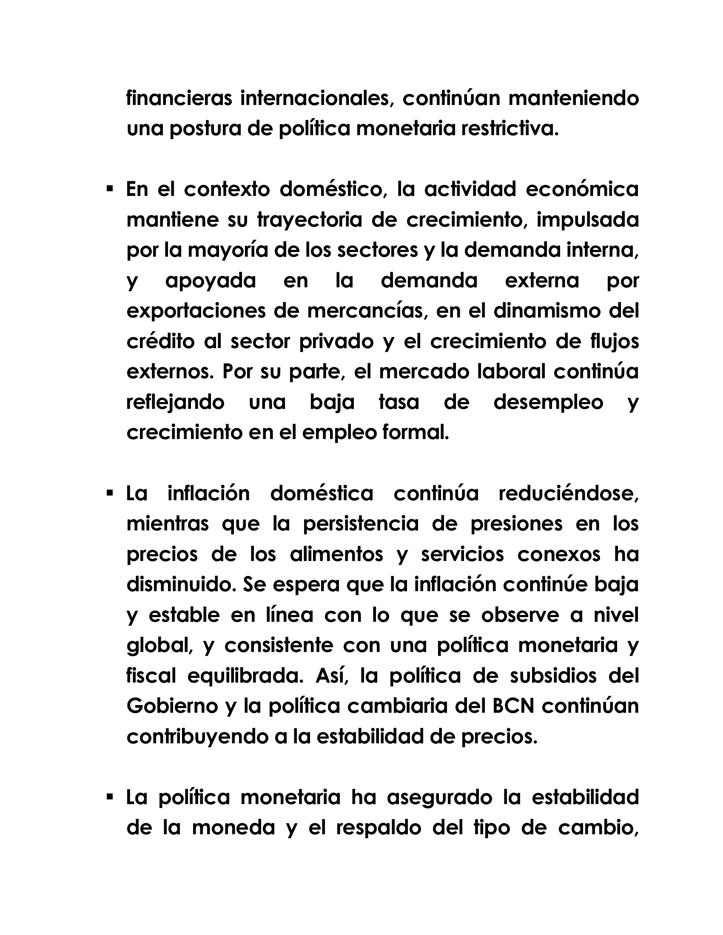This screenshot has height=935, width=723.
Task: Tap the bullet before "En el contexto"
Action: [110, 188]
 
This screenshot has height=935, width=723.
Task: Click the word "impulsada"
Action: [588, 220]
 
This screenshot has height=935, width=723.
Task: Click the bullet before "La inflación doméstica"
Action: [110, 493]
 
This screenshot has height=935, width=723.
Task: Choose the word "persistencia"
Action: [361, 524]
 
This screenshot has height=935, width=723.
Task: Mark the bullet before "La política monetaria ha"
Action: [110, 797]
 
